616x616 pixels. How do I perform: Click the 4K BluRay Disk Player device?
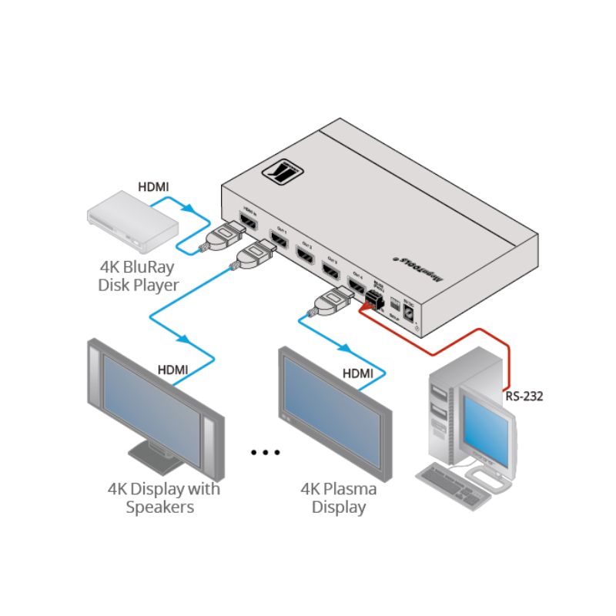click(x=132, y=223)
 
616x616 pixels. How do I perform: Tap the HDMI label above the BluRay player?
click(x=153, y=186)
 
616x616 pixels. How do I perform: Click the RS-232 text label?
click(x=524, y=397)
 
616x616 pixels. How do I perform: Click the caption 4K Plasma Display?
click(x=338, y=498)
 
